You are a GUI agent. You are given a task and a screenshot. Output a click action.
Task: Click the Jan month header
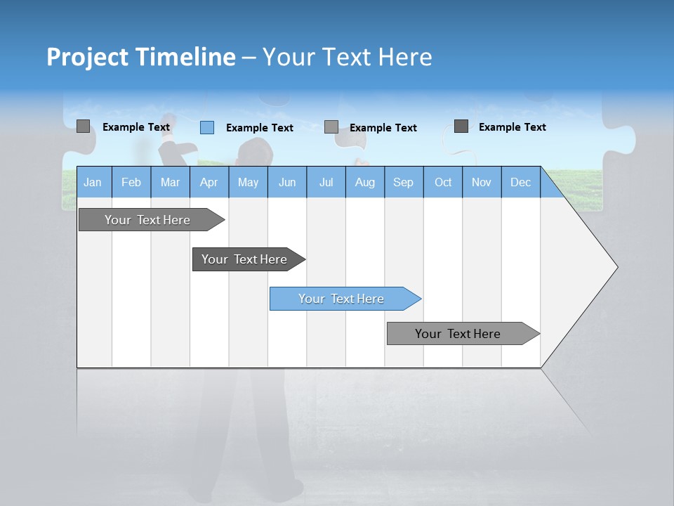click(x=93, y=182)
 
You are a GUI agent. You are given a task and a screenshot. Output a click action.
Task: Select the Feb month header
click(x=131, y=182)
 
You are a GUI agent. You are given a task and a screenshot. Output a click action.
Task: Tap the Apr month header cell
click(x=209, y=182)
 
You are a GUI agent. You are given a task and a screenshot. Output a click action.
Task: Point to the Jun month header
click(x=287, y=182)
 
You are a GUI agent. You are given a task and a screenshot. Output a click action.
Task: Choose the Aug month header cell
click(x=365, y=182)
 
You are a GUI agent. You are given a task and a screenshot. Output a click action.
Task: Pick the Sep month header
click(x=404, y=182)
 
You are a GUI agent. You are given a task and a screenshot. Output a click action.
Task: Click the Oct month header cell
click(x=443, y=182)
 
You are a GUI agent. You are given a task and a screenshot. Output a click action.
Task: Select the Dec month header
click(x=521, y=182)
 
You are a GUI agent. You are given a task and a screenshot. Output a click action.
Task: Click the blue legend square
click(x=207, y=127)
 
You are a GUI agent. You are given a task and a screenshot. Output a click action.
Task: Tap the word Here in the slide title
click(x=405, y=57)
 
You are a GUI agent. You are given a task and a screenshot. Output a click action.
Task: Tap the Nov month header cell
click(x=482, y=182)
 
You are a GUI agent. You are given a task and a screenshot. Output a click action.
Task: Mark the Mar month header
click(x=170, y=182)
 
